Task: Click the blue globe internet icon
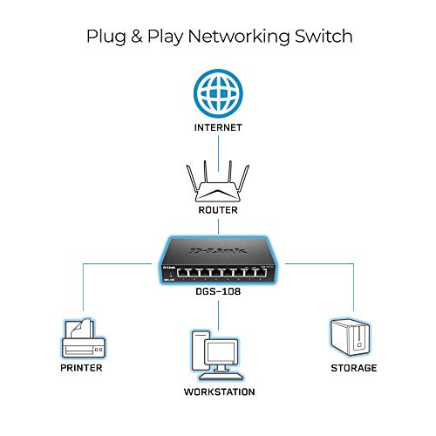point(218,94)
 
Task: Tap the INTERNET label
point(218,126)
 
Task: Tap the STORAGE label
point(352,368)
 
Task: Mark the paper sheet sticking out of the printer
point(77,326)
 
